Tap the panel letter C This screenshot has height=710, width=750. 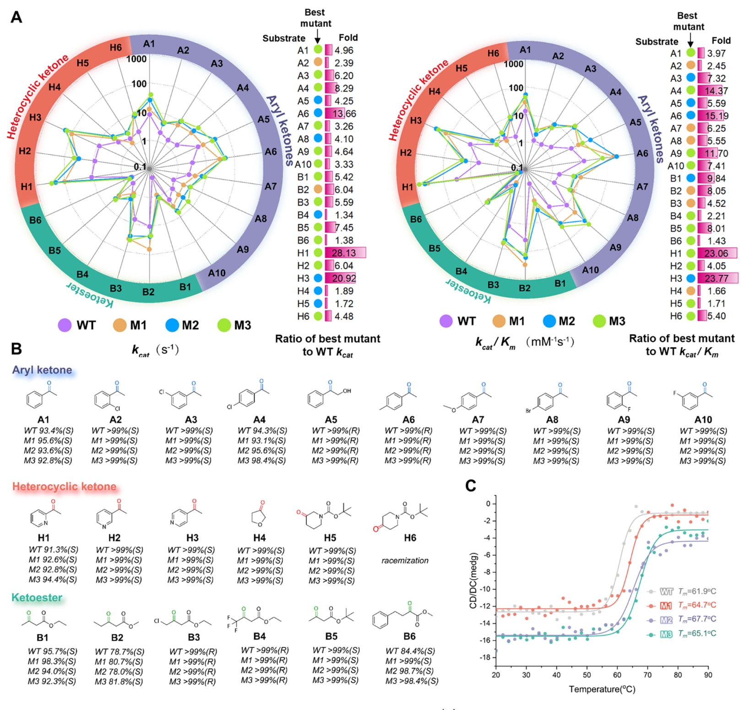(x=470, y=486)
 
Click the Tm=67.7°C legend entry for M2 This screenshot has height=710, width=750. (x=696, y=619)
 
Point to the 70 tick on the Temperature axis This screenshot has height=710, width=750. (x=647, y=675)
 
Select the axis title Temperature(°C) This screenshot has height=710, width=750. (x=602, y=689)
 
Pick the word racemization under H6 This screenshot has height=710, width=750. (x=405, y=561)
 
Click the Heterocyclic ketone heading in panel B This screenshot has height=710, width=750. (x=65, y=486)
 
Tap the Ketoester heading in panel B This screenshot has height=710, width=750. (x=37, y=598)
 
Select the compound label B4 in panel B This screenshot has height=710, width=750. (x=259, y=636)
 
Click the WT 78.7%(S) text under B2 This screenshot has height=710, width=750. (x=120, y=651)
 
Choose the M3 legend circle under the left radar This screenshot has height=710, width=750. (x=224, y=325)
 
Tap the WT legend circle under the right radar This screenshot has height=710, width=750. (x=446, y=321)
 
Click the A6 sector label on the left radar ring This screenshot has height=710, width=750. (x=271, y=152)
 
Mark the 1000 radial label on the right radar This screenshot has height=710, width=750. (x=513, y=64)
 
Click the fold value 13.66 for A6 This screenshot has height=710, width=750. (x=344, y=114)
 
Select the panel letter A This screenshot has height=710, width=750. (x=16, y=17)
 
